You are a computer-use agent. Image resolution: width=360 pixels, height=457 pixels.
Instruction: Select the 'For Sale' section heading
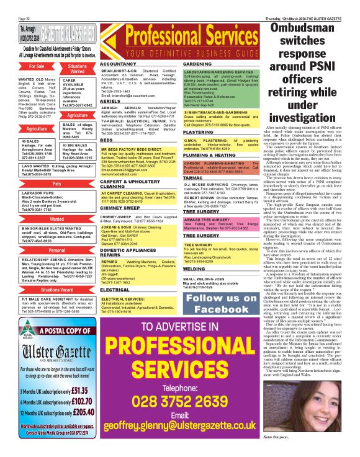click(36, 66)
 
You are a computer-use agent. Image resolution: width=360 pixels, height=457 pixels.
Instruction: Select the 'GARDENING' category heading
click(198, 64)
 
